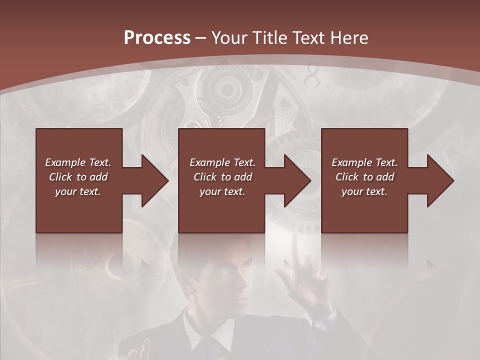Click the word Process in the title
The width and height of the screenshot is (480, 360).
pyautogui.click(x=157, y=38)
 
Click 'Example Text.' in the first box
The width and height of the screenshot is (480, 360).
pyautogui.click(x=78, y=162)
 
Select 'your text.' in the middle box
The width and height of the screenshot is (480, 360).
pyautogui.click(x=222, y=191)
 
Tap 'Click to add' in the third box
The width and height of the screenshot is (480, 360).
pyautogui.click(x=364, y=177)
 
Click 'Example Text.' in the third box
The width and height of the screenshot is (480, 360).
pyautogui.click(x=364, y=162)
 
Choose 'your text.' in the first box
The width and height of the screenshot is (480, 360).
pyautogui.click(x=78, y=191)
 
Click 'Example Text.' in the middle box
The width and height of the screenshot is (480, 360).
pyautogui.click(x=222, y=162)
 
